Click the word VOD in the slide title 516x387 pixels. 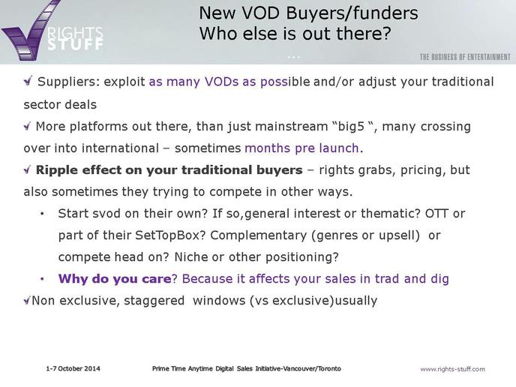coord(261,13)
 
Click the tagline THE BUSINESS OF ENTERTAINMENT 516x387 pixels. coord(465,57)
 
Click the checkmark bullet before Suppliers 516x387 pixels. coord(28,81)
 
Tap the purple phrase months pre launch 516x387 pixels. coord(301,148)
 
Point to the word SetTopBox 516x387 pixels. coord(170,235)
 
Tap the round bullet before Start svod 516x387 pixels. coord(42,214)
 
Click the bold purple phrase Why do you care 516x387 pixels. coord(115,279)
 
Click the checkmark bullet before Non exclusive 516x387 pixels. coord(27,300)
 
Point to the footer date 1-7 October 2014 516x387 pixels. coord(73,368)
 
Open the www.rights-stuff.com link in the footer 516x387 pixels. coord(452,369)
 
